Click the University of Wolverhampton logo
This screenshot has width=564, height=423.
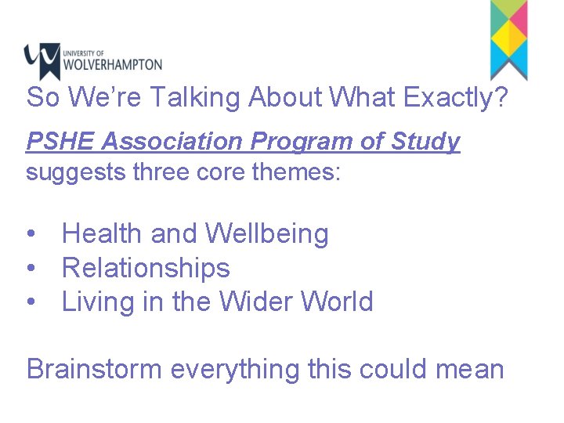(x=92, y=61)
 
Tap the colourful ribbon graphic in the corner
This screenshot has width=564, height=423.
(x=508, y=39)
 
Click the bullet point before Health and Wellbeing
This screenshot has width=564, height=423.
(x=30, y=234)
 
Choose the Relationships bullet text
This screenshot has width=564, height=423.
(x=146, y=268)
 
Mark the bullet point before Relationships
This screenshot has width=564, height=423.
(x=30, y=268)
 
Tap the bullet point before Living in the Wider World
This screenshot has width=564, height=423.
(x=30, y=302)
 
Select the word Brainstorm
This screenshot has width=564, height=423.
(x=94, y=369)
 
